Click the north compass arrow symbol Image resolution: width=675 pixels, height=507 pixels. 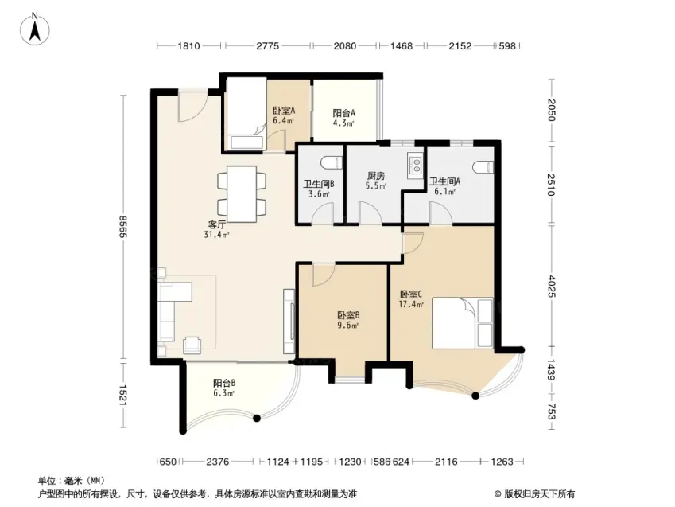click(35, 29)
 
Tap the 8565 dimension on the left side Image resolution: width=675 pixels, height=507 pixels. click(122, 226)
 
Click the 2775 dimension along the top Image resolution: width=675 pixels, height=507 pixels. click(268, 45)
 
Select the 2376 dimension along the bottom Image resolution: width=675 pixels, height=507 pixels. click(217, 462)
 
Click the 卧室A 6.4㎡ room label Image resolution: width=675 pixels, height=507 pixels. click(284, 115)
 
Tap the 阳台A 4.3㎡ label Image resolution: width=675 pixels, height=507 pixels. click(343, 118)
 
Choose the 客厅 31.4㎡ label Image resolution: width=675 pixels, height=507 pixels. click(216, 230)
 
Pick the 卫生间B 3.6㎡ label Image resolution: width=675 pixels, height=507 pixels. click(319, 189)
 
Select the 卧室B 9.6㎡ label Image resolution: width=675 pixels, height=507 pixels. click(347, 320)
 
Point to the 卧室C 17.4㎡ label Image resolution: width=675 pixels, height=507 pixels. click(411, 299)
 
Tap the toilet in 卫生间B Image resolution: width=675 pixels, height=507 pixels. click(331, 162)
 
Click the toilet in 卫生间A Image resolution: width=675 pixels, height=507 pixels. click(483, 167)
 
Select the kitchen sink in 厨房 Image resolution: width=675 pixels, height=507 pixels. click(415, 166)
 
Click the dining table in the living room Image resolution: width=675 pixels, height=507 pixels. click(242, 194)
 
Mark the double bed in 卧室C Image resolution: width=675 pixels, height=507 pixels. click(463, 323)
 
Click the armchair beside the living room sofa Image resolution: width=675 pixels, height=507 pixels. click(192, 345)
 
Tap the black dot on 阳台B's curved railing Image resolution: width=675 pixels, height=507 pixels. click(257, 418)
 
